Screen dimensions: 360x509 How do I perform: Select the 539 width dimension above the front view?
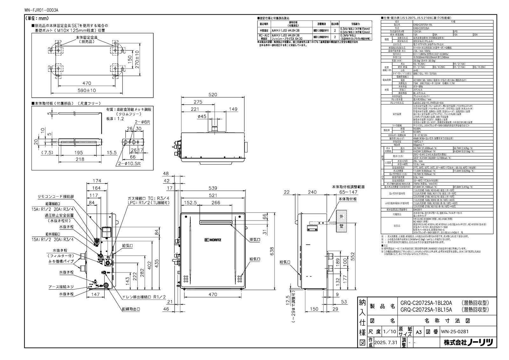click(x=213, y=188)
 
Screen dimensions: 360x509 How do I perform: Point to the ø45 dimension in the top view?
click(x=202, y=116)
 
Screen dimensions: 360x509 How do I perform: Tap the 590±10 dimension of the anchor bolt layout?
click(x=87, y=91)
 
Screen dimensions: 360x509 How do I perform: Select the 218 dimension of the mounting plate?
click(x=80, y=159)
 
